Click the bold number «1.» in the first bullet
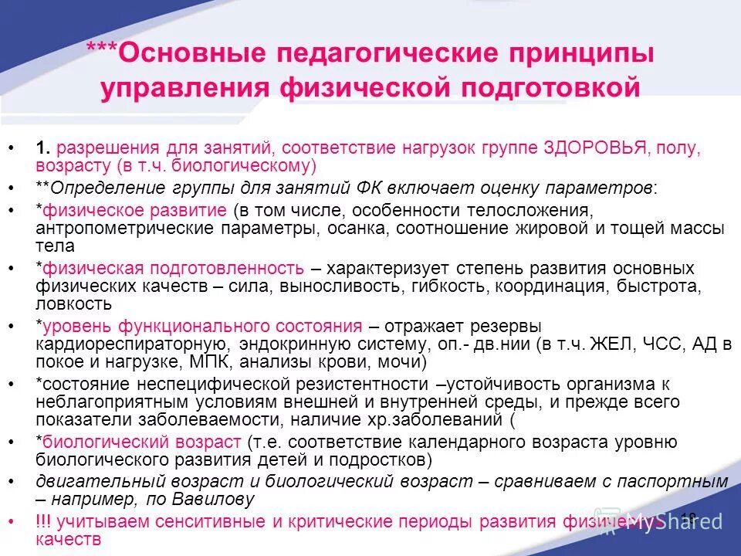coord(43,148)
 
